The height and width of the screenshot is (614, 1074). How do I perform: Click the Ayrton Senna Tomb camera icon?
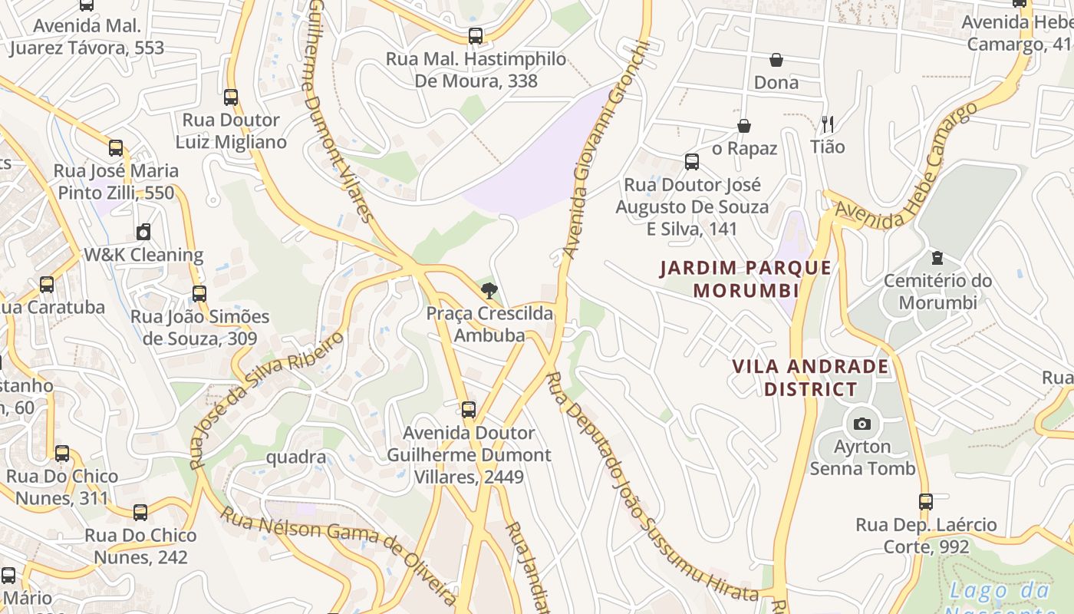(x=862, y=424)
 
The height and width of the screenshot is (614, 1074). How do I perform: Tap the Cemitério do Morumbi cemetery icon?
(x=936, y=258)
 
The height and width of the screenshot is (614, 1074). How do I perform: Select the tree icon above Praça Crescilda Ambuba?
(x=489, y=291)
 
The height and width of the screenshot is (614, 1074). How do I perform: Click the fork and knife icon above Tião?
(x=827, y=124)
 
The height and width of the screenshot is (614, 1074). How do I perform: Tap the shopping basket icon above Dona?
(x=776, y=60)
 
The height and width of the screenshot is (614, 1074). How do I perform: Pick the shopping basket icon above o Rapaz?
(x=743, y=126)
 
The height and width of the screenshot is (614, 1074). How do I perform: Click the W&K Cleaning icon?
(x=143, y=232)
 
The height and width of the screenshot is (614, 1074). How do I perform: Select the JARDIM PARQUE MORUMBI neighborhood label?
(x=746, y=279)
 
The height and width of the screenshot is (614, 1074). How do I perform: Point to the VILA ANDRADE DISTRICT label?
(x=810, y=378)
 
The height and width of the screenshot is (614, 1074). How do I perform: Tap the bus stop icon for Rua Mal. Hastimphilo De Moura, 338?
(x=476, y=36)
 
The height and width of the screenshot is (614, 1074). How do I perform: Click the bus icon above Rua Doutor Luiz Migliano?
(x=231, y=97)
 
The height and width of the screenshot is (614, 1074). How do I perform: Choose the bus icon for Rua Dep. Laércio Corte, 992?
(x=926, y=502)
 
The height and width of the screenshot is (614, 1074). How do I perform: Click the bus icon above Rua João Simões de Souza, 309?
(x=199, y=293)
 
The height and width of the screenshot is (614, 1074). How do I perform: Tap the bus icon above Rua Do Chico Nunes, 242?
(x=140, y=512)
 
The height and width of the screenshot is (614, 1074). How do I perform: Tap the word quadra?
(x=296, y=457)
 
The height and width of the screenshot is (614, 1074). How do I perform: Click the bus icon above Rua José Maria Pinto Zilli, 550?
(x=116, y=148)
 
